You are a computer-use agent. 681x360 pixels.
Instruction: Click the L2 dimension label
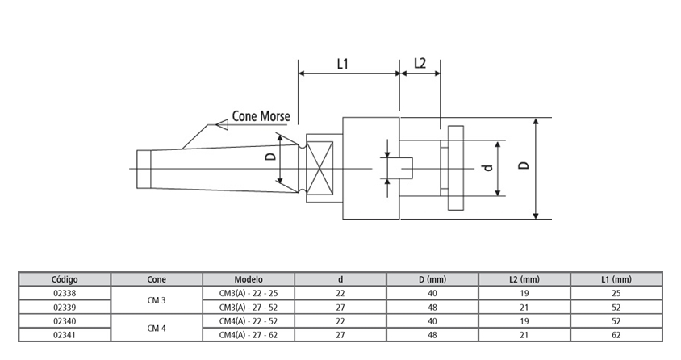click(420, 63)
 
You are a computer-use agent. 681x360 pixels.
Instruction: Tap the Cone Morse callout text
click(261, 115)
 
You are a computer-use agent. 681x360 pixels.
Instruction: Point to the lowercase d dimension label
click(487, 168)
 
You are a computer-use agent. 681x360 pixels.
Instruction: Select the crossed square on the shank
click(320, 169)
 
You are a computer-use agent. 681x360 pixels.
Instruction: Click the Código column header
click(64, 279)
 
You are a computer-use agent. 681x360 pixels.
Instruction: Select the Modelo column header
click(249, 279)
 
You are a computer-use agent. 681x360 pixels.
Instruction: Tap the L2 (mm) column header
click(524, 279)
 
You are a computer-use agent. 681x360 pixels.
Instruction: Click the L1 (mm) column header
click(616, 279)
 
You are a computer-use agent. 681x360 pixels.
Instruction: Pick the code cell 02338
click(64, 293)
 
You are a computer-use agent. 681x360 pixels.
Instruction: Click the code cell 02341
click(64, 334)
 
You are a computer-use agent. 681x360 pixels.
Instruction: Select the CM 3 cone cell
click(157, 300)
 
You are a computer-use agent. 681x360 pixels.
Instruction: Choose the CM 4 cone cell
click(157, 328)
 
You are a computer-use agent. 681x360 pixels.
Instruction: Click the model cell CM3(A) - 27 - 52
click(249, 307)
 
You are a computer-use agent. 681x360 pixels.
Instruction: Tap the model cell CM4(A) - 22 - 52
click(249, 320)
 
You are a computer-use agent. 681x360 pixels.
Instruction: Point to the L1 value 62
click(616, 334)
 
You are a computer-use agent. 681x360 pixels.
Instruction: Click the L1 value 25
click(616, 293)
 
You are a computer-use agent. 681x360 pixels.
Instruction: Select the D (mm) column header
click(432, 279)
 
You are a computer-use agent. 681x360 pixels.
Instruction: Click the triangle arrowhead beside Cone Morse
click(219, 124)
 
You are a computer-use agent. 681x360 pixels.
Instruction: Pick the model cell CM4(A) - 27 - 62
click(249, 334)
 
